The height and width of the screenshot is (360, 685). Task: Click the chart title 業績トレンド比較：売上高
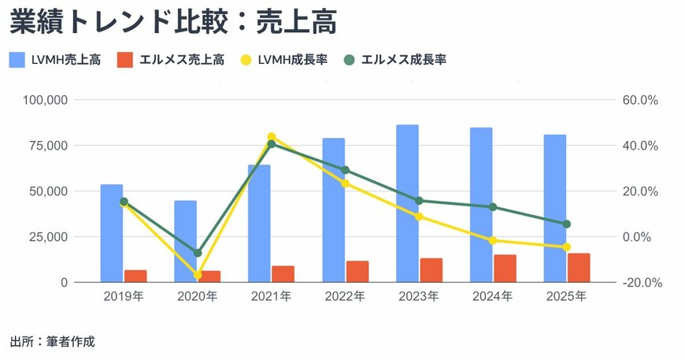pyautogui.click(x=173, y=23)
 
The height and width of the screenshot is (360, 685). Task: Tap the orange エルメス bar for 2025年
pyautogui.click(x=579, y=267)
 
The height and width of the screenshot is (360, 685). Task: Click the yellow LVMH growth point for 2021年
pyautogui.click(x=272, y=137)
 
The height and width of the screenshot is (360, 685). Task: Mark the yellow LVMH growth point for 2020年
pyautogui.click(x=198, y=275)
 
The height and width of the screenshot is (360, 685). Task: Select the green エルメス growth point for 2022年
pyautogui.click(x=345, y=170)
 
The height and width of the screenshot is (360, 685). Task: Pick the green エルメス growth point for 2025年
pyautogui.click(x=566, y=224)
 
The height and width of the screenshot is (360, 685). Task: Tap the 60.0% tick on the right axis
pyautogui.click(x=639, y=100)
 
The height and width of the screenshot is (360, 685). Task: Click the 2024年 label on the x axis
pyautogui.click(x=492, y=297)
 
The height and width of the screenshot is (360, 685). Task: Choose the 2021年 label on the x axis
pyautogui.click(x=271, y=297)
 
